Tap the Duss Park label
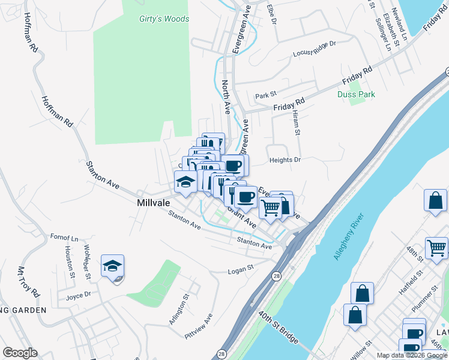coord(364,94)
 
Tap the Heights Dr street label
coord(285,160)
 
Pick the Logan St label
coord(241,271)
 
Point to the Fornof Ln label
coord(64,238)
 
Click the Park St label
coord(265,95)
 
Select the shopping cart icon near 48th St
coord(437,247)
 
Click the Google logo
coord(20,353)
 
